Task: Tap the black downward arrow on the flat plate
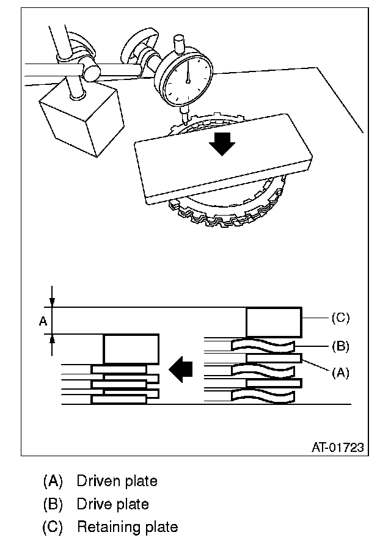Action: [x=221, y=142]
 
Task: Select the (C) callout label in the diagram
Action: [x=340, y=318]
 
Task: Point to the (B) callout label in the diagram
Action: [x=340, y=346]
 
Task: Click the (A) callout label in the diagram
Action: [x=340, y=373]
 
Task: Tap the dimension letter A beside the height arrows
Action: [x=43, y=321]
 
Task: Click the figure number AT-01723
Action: [x=337, y=448]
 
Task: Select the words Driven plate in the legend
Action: [x=117, y=481]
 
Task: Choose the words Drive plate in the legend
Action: [x=112, y=504]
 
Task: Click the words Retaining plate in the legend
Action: [x=127, y=526]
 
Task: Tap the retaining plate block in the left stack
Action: [x=131, y=349]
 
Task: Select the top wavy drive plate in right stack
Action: [x=263, y=346]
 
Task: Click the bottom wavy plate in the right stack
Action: [x=263, y=396]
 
